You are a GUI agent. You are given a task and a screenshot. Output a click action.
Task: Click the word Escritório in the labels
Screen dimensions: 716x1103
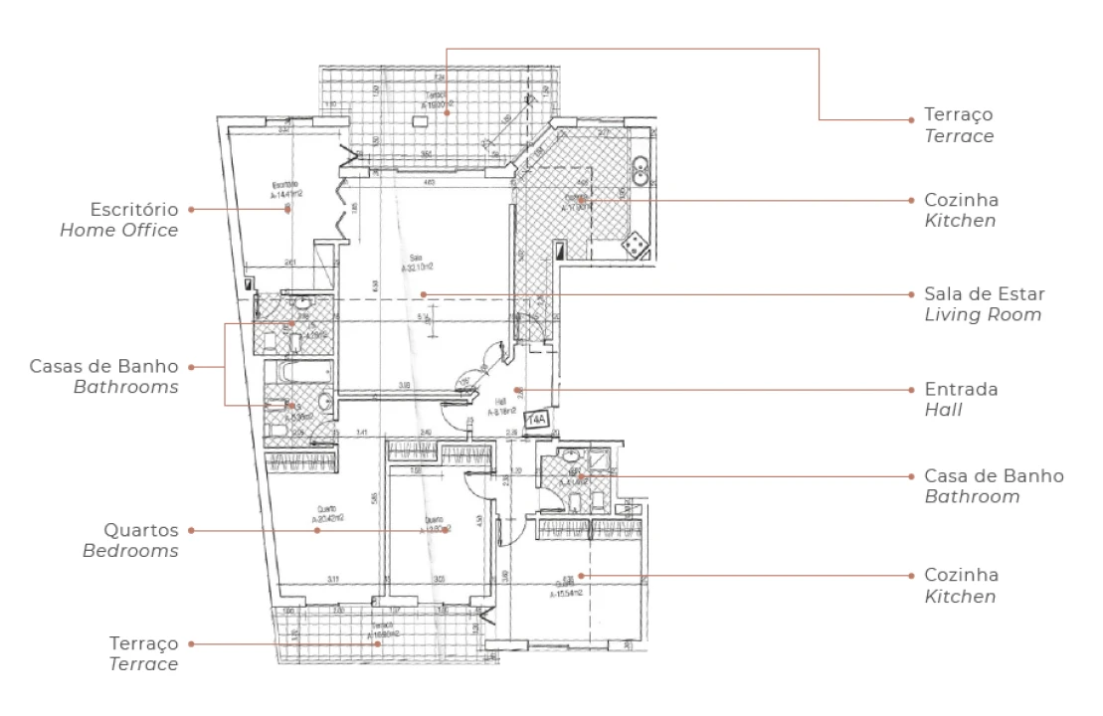pos(133,210)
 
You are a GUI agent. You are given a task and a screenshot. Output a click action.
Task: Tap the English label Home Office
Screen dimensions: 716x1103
pos(119,231)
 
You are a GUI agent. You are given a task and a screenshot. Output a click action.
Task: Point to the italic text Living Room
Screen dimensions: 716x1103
pos(983,315)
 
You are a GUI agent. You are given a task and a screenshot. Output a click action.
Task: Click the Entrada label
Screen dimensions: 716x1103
pos(961,389)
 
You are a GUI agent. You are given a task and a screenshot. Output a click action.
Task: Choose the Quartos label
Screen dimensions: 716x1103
pos(141,530)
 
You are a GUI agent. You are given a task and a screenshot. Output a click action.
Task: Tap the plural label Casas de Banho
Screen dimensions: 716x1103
pos(105,366)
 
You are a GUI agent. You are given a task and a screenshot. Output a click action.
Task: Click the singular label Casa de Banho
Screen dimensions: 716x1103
pos(994,475)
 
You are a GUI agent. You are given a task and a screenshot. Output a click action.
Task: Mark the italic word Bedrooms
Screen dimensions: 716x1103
pos(130,551)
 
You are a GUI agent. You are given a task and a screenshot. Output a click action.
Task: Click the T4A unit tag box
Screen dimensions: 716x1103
pos(536,420)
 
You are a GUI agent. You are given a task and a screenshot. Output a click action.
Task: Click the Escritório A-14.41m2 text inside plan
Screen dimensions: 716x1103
pos(284,189)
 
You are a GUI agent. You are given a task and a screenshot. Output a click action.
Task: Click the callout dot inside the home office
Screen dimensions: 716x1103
pos(288,210)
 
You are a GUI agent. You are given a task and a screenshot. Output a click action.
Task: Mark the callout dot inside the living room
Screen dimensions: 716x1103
pos(423,294)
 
